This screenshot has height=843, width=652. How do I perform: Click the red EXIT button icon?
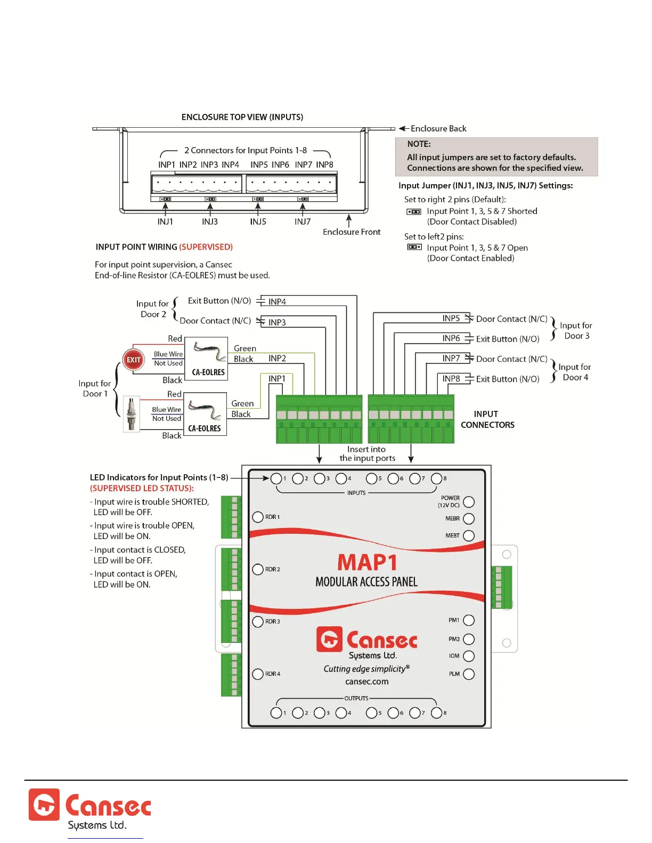(x=133, y=360)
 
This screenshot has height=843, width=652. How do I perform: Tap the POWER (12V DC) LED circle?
(x=469, y=502)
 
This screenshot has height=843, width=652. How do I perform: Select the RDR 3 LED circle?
(x=258, y=622)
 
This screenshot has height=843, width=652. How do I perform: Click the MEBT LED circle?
(x=469, y=535)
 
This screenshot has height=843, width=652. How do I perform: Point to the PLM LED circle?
(x=469, y=674)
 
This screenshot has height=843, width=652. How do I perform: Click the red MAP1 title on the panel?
(x=367, y=563)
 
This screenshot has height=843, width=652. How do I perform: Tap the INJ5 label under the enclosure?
(x=258, y=221)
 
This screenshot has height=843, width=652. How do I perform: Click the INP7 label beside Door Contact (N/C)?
(x=451, y=359)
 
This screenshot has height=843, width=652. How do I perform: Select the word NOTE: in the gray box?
(x=419, y=144)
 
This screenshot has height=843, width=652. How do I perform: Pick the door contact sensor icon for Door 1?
(x=132, y=414)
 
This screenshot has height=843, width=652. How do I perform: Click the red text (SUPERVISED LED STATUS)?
(x=142, y=488)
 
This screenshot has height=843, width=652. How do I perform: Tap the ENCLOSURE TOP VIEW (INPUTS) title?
(x=242, y=117)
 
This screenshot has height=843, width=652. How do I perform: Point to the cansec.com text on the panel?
(x=366, y=682)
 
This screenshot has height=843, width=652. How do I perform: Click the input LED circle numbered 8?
(x=436, y=478)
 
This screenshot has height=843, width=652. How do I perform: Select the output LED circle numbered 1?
(x=276, y=713)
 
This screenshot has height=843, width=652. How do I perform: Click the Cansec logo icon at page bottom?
(x=44, y=805)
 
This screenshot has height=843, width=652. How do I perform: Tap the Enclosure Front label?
(x=352, y=232)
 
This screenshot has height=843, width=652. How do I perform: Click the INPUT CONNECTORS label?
(x=487, y=419)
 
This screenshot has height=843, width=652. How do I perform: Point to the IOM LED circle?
(x=469, y=656)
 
